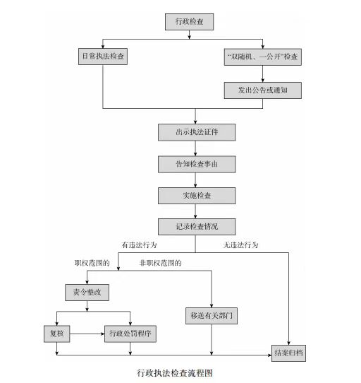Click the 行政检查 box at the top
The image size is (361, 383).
pos(190,22)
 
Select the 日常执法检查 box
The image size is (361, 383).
pos(103,57)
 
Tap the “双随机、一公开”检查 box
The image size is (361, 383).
pos(263,57)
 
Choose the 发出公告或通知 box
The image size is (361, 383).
pos(263,90)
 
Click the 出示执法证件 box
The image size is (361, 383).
pos(197,132)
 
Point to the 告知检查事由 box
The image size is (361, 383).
pos(197,165)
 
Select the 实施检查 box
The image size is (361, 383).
pos(197,196)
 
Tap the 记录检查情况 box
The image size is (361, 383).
pos(197,227)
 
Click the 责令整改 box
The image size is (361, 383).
pos(87,293)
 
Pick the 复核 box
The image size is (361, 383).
pos(57,334)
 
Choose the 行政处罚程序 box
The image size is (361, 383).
pos(130,334)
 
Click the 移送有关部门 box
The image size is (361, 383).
pos(212,316)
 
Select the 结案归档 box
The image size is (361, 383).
pos(288,353)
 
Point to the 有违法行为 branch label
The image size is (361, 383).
pos(139,244)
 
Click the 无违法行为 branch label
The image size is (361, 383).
pos(240,244)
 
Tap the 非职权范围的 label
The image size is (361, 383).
pos(160,263)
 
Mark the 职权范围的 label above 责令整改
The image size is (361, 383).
pos(92,263)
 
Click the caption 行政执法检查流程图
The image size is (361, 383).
pos(175,373)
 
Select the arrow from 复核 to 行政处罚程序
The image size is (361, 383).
pos(87,334)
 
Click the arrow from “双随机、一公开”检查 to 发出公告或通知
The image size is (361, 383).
pos(263,73)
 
